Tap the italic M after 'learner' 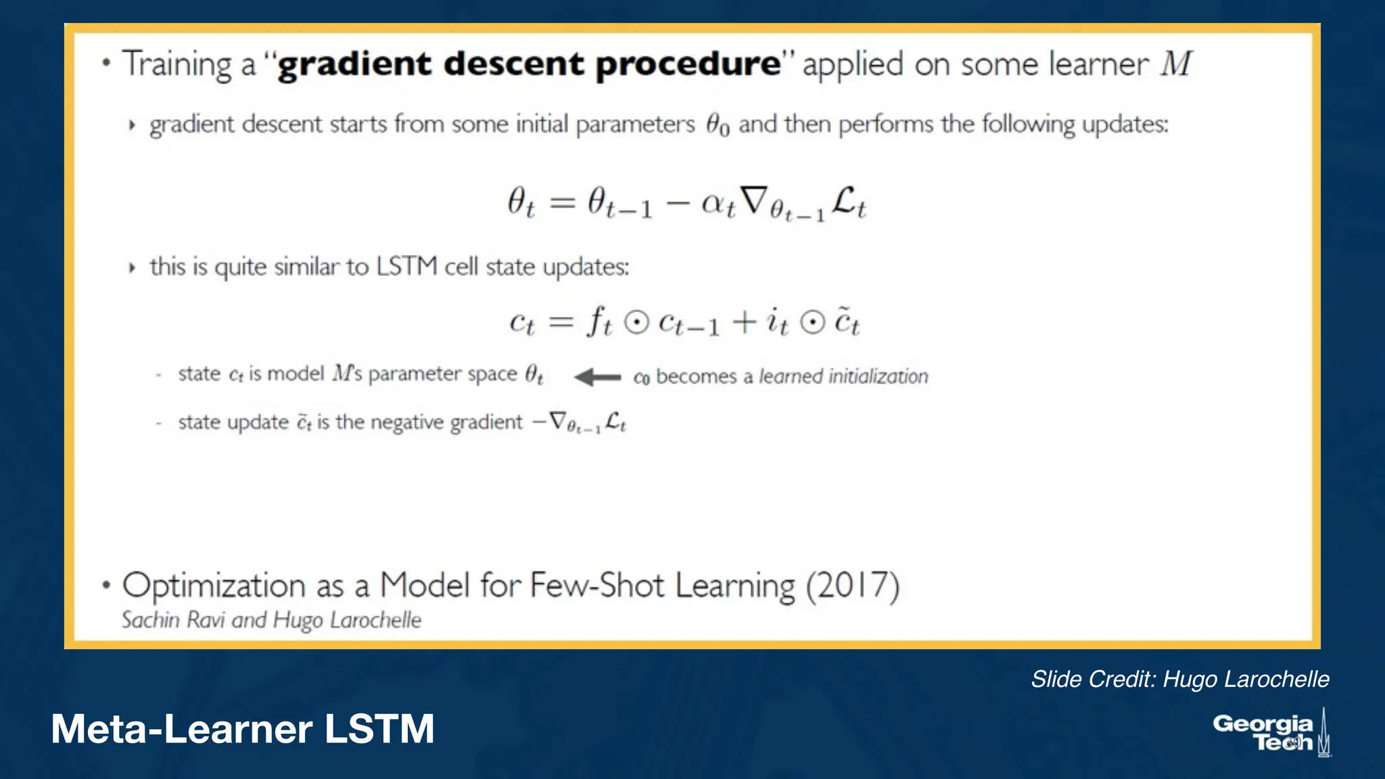click(x=1177, y=64)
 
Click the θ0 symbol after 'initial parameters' click(x=718, y=125)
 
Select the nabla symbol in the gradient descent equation click(x=754, y=201)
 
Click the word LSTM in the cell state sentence click(x=406, y=266)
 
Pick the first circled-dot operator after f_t click(x=636, y=323)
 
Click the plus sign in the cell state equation click(x=744, y=322)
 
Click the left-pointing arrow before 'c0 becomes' click(x=597, y=377)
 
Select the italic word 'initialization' click(x=878, y=377)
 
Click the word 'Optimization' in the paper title click(x=214, y=586)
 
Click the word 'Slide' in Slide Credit click(x=1055, y=679)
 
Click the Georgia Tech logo click(x=1271, y=733)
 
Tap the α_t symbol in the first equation click(x=718, y=204)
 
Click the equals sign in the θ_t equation click(x=562, y=203)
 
